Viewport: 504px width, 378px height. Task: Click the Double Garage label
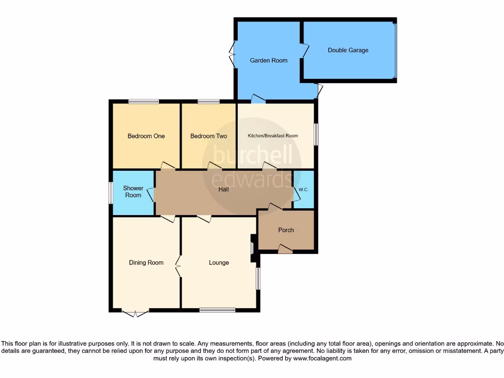pos(348,50)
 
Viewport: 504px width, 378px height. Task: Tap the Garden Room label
pos(268,61)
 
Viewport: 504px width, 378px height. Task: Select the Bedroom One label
pos(146,136)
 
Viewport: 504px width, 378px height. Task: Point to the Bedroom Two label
pos(209,136)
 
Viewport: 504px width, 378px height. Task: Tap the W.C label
pos(303,189)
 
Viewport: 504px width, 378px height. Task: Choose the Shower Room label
pos(133,191)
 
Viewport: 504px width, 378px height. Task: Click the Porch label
pos(286,230)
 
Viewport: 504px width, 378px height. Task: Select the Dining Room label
pos(146,262)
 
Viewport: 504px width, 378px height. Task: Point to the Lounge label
pos(219,262)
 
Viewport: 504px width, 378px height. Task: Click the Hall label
pos(223,189)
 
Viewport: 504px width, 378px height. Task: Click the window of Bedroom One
pos(144,102)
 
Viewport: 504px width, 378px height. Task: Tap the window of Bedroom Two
pos(209,102)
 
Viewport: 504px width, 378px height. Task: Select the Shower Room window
pos(111,192)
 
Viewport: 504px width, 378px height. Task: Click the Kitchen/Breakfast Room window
pos(316,134)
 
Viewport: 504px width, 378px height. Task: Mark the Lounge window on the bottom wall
pos(217,310)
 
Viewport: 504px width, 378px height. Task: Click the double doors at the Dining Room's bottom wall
pos(135,313)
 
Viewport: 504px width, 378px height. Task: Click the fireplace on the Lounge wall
pos(253,244)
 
